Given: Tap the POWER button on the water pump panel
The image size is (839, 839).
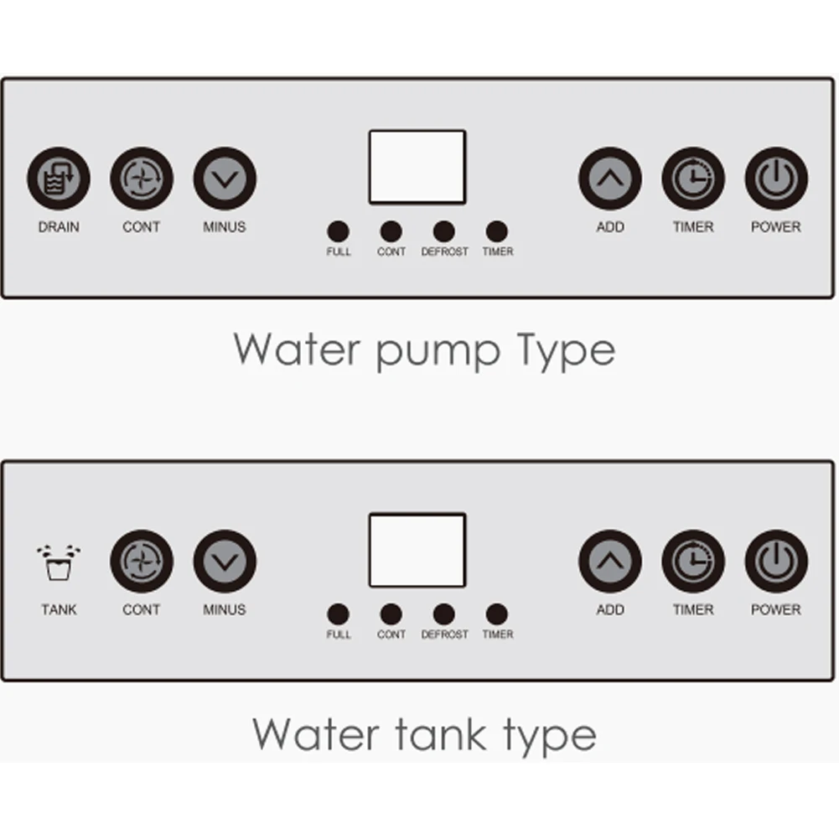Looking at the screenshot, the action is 776,179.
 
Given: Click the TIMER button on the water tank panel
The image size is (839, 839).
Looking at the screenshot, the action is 693,562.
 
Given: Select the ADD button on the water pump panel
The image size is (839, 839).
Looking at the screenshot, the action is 610,179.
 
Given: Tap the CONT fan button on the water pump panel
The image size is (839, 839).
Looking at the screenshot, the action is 142,179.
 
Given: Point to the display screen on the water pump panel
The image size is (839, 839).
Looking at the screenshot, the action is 417,167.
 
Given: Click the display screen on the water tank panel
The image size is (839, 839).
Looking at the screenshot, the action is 417,550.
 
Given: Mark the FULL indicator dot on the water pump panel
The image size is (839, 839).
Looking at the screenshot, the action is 339,231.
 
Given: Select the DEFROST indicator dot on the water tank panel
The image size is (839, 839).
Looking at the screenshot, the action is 444,614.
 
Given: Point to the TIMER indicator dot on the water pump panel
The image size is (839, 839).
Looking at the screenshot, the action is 497,231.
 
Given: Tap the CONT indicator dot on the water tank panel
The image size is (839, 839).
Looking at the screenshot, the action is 391,614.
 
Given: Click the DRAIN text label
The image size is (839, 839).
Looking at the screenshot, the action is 59,227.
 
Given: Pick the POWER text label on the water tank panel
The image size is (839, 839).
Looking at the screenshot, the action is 776,610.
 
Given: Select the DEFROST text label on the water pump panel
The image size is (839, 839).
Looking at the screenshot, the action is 444,251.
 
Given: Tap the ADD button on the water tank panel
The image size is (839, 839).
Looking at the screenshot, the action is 610,562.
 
